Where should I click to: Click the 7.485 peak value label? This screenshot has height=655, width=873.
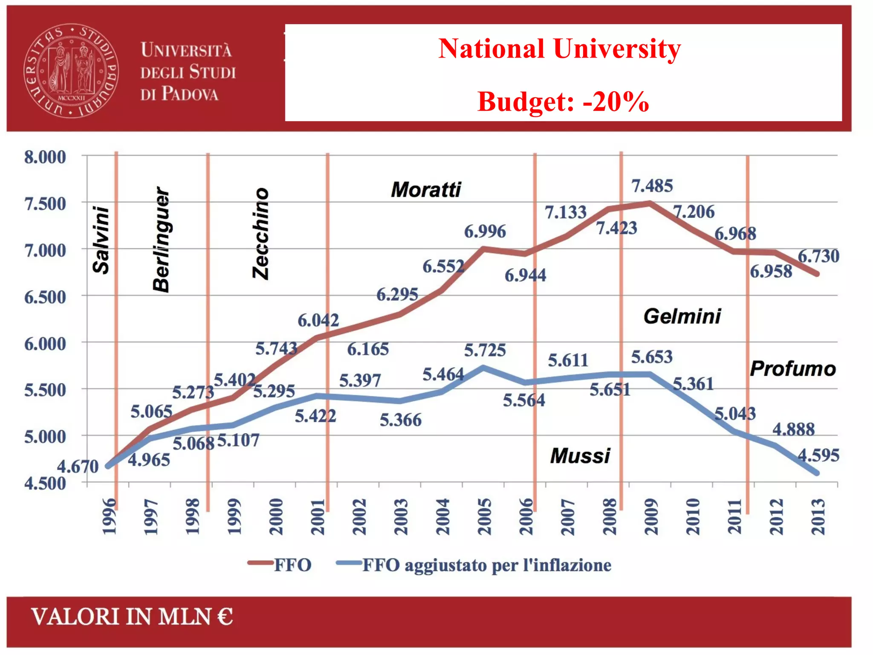point(652,186)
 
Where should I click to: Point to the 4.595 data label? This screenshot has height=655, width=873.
point(818,455)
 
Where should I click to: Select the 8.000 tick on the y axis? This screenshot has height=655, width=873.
point(45,157)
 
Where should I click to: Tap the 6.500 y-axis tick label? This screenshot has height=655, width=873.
point(45,297)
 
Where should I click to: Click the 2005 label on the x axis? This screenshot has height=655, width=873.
point(485,516)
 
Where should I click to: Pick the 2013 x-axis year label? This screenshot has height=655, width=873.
point(818,516)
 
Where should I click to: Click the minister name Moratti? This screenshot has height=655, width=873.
point(426,189)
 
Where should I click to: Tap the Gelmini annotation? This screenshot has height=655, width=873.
point(682,316)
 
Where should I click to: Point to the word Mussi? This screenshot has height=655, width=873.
point(580,456)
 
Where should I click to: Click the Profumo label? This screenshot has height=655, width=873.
point(792,369)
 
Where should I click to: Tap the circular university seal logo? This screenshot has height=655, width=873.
point(71,71)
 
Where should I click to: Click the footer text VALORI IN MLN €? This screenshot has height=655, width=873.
point(132,617)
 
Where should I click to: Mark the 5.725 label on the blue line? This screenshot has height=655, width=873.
point(485,350)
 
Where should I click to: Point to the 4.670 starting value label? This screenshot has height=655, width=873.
point(78,467)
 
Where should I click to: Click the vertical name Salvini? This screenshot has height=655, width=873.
point(101,240)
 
